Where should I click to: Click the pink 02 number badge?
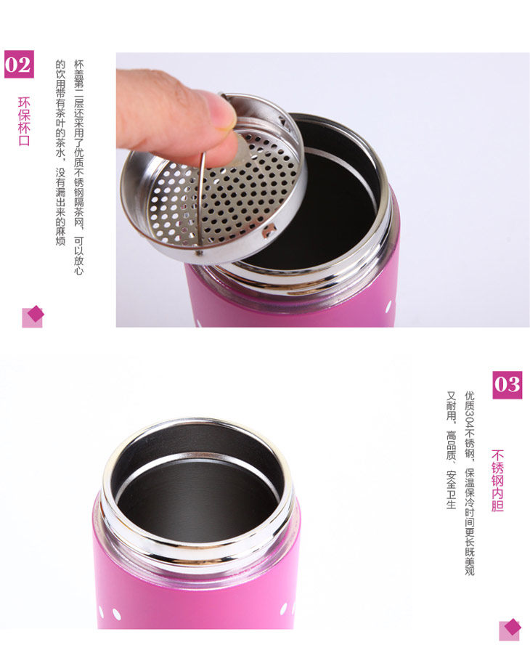click(x=19, y=64)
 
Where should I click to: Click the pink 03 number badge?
click(x=507, y=385)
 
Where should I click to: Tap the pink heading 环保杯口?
click(x=24, y=121)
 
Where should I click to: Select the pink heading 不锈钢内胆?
click(x=497, y=481)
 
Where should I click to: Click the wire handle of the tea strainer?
click(x=201, y=203)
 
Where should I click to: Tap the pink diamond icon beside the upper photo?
click(x=33, y=317)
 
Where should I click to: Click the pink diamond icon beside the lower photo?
click(x=510, y=629)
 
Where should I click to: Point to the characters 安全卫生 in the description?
click(x=452, y=489)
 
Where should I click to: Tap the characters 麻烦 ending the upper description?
click(x=60, y=236)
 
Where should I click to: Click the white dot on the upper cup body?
click(x=388, y=307)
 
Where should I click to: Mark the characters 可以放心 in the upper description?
click(x=78, y=256)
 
